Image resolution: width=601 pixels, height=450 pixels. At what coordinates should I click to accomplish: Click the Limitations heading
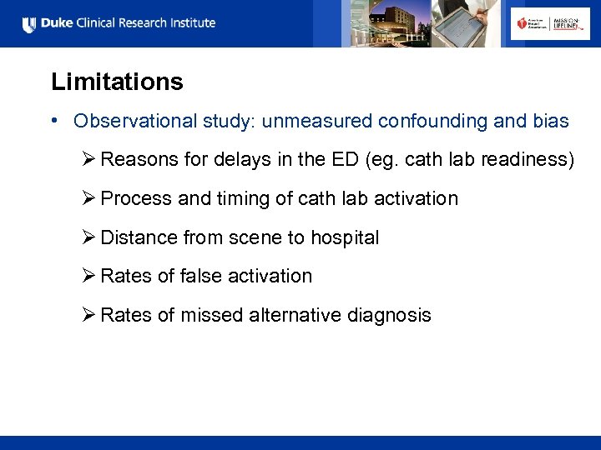(117, 82)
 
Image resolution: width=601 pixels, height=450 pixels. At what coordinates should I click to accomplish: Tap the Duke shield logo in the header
(30, 24)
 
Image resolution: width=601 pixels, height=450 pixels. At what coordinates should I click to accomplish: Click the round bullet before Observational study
(53, 121)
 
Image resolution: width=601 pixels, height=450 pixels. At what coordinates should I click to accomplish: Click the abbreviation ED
(325, 160)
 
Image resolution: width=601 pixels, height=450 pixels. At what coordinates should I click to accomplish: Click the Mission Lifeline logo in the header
(565, 24)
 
